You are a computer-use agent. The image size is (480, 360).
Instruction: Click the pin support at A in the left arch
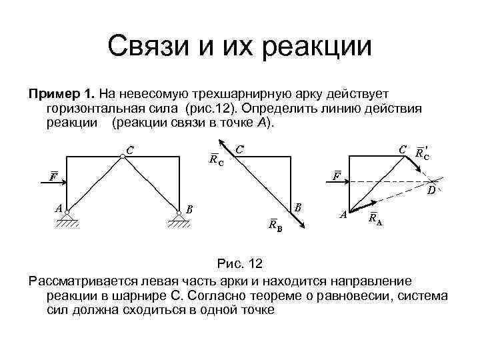[x=72, y=216]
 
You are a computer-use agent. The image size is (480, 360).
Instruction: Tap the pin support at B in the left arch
[x=179, y=217]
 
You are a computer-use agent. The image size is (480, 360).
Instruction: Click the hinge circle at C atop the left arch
[x=123, y=157]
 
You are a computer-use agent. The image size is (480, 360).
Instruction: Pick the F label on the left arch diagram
[x=52, y=177]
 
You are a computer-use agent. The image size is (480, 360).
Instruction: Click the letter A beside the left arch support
[x=59, y=208]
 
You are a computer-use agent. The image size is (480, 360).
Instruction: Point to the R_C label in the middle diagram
[x=215, y=159]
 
